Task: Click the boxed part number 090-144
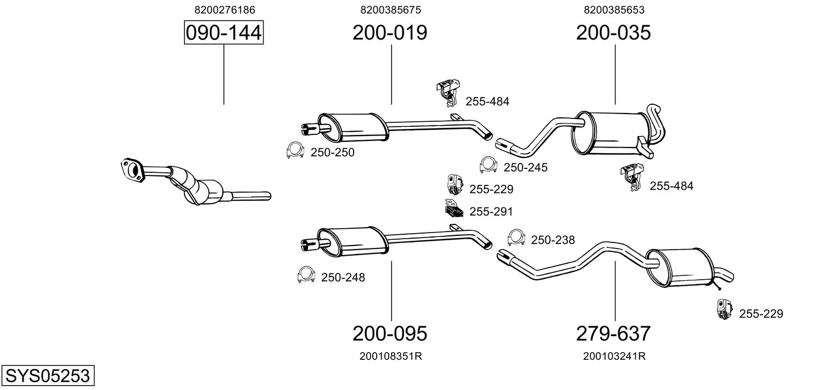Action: pos(223,32)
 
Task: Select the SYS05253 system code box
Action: pos(48,375)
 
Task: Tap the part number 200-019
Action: pos(390,32)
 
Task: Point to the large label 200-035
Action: pos(613,32)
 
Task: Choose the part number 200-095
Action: pos(390,334)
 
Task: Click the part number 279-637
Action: pos(613,334)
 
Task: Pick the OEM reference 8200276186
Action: pos(225,10)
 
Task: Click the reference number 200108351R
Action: pos(391,356)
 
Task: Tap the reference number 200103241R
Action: pos(614,356)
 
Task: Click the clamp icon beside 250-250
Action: pos(295,150)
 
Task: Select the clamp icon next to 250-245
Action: pos(488,165)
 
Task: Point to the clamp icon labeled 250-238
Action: pos(516,237)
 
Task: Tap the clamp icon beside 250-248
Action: pos(306,275)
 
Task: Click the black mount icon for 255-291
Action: pos(454,208)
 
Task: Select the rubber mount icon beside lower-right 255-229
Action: pos(724,309)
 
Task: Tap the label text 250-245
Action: pos(525,167)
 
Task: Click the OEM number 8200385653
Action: pos(614,10)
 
